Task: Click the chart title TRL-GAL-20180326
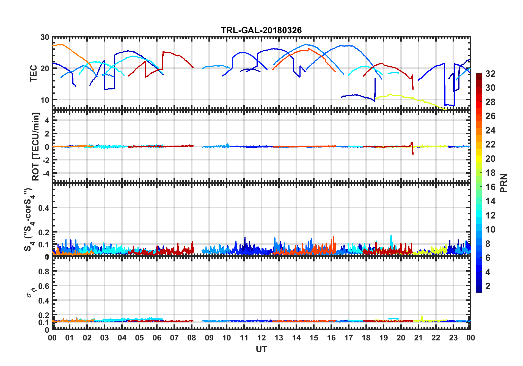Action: [261, 30]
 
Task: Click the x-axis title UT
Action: [261, 349]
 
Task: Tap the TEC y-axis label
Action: [34, 73]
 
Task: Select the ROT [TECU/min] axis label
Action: [36, 146]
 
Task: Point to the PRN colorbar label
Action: [504, 183]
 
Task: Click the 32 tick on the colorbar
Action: [490, 74]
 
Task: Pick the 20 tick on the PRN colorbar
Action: [490, 159]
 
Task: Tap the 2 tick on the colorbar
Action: [488, 286]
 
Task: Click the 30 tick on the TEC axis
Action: [45, 37]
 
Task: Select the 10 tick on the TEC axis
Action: [45, 100]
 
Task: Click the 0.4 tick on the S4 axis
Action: [44, 208]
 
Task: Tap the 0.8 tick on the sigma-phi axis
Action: [44, 272]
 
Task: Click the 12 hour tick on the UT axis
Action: [261, 338]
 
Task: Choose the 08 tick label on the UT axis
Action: [192, 338]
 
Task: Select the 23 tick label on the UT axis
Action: [453, 338]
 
